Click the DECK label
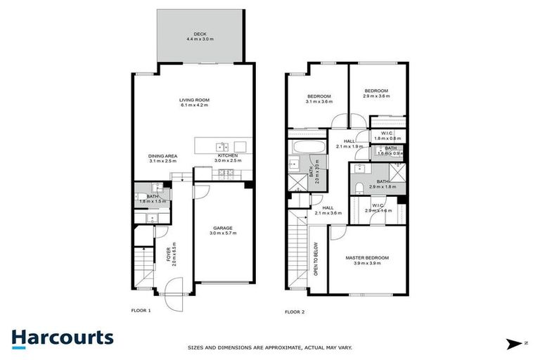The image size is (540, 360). (x=201, y=34)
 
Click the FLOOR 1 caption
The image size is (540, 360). (x=141, y=310)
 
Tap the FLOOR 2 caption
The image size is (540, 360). (x=295, y=311)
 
